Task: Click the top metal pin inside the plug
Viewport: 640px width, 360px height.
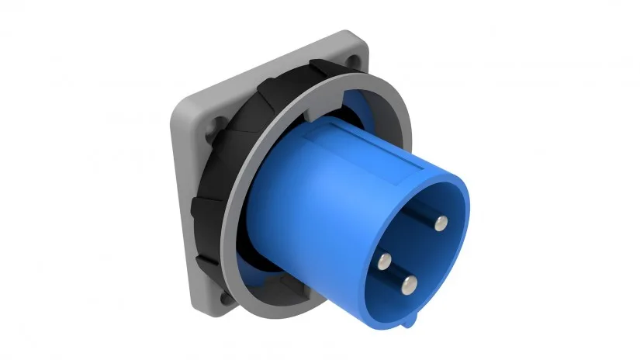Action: point(440,224)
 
